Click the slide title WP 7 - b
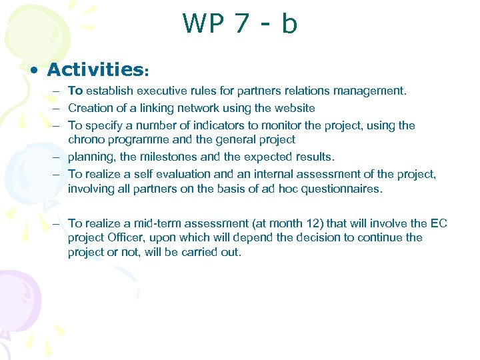[240, 24]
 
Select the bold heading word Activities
[95, 70]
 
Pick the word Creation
[89, 108]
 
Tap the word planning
[90, 157]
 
